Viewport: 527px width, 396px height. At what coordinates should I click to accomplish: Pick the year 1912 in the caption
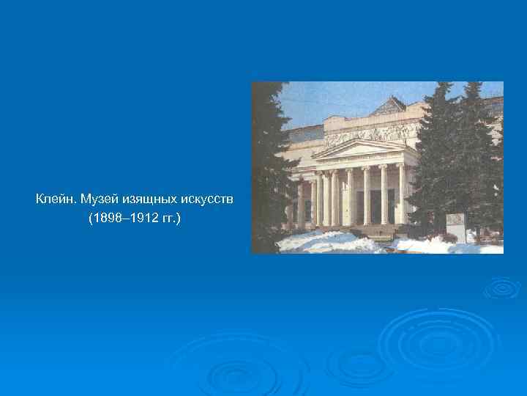138,218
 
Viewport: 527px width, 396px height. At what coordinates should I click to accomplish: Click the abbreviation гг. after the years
167,218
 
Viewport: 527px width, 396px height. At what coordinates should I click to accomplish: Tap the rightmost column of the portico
400,194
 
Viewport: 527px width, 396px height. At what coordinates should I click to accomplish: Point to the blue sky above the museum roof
329,99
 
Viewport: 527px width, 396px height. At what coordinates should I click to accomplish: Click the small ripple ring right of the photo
502,287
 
